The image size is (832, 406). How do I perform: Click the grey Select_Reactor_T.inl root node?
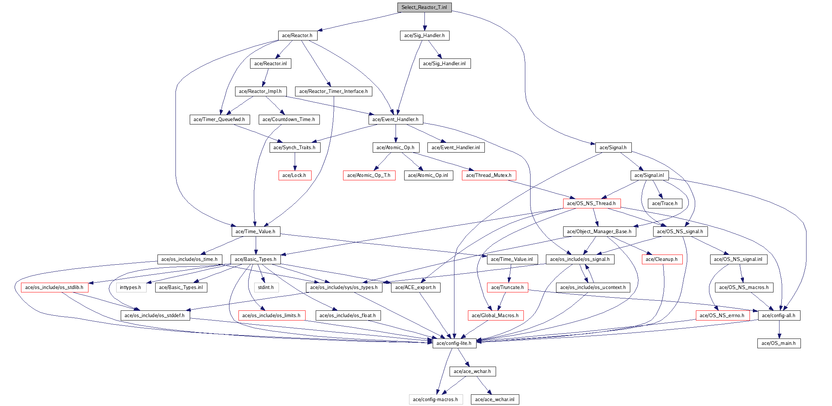(x=424, y=7)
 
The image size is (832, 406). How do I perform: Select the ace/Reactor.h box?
(x=297, y=36)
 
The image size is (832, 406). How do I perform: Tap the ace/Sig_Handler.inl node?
(x=444, y=64)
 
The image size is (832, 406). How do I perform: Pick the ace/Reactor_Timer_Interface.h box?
(x=333, y=91)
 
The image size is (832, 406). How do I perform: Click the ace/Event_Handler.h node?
(x=396, y=120)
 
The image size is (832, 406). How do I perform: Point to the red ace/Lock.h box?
(x=295, y=175)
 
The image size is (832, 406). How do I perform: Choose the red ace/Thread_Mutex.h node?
(x=489, y=175)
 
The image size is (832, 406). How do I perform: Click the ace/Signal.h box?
(x=613, y=148)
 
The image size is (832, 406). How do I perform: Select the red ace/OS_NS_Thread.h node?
(x=592, y=204)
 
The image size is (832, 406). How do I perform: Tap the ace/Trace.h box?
(x=665, y=204)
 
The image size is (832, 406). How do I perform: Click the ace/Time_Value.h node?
(x=256, y=232)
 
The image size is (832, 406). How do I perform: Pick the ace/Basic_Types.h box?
(x=256, y=259)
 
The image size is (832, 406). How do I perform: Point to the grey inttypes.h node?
(x=131, y=288)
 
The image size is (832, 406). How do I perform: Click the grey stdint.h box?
(x=266, y=288)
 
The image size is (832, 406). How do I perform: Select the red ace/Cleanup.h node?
(x=662, y=259)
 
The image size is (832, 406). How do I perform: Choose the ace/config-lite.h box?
(x=454, y=343)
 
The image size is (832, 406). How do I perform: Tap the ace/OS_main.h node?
(x=779, y=343)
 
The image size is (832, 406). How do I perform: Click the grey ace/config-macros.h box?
(x=436, y=400)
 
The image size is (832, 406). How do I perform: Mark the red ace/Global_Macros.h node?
(x=496, y=316)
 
